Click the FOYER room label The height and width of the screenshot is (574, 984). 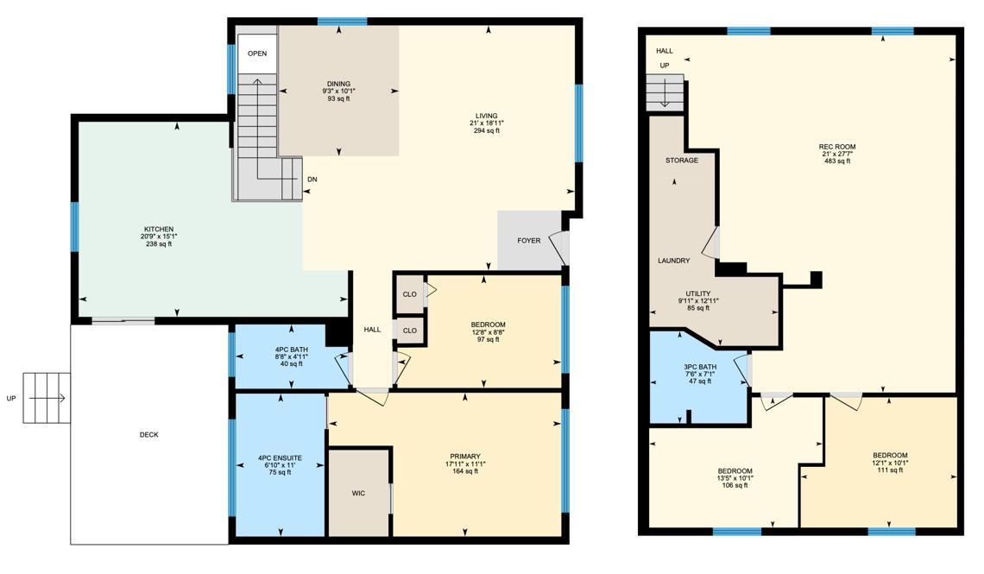coord(529,240)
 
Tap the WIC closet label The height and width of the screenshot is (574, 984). coord(358,493)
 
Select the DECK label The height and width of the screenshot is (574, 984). coord(148,435)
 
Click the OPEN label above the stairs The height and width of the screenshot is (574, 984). coord(257,54)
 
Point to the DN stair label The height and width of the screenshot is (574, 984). coord(312,180)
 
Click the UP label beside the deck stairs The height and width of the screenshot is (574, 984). coord(11,399)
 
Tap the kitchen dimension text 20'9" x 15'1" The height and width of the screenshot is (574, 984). coord(159,237)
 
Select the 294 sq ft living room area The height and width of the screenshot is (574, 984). coord(486,131)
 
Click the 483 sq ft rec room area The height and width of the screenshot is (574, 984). coord(837,161)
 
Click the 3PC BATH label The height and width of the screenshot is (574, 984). coord(700,367)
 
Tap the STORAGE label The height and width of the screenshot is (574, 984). coord(682,161)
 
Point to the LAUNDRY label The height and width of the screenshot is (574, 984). coord(674,261)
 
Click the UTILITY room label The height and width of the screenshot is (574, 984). coord(697,293)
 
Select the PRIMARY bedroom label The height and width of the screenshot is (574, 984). coord(465,457)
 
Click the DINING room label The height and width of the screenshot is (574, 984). coord(338,84)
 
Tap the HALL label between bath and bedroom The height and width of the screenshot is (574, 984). coord(372,330)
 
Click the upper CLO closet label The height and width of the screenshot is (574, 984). coord(410,294)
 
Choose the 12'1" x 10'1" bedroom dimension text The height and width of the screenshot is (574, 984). coord(890,463)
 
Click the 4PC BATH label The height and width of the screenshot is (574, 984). coord(291,350)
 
